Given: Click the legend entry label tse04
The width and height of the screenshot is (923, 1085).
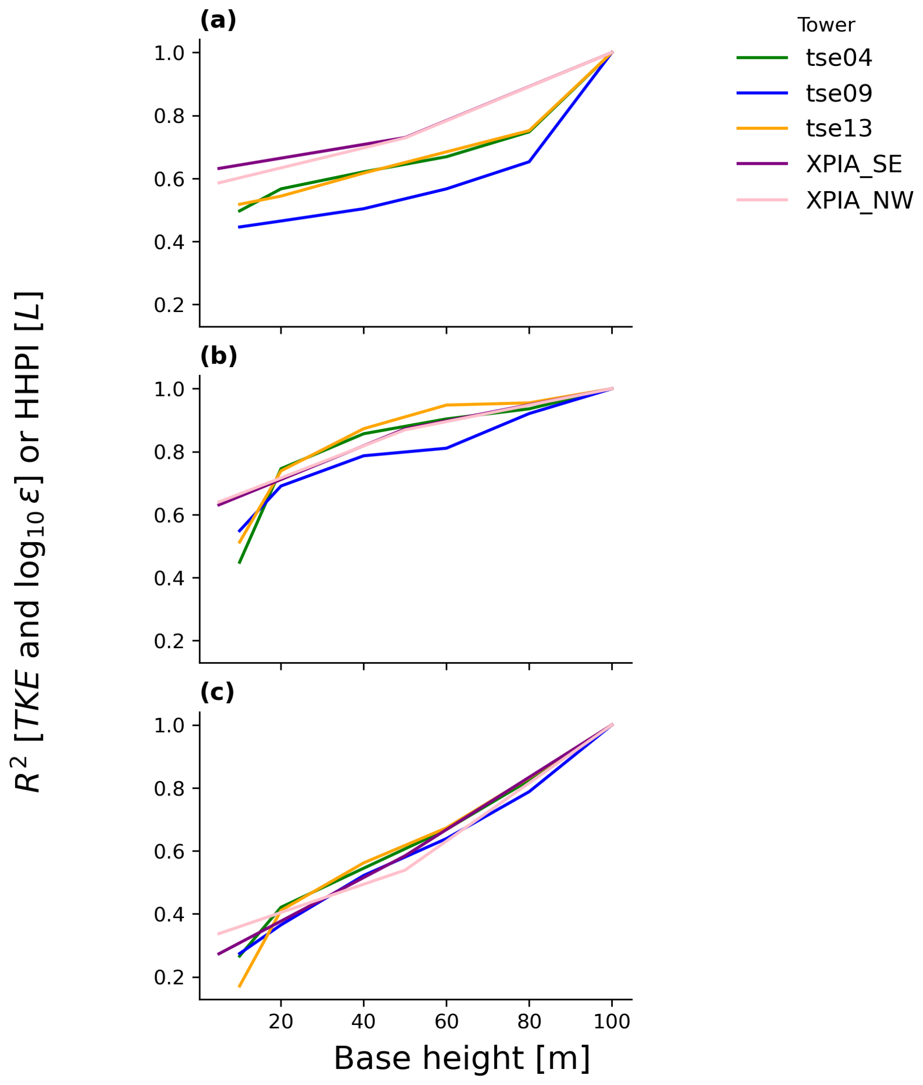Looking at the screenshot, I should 839,58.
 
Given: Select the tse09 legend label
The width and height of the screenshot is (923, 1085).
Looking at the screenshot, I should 839,93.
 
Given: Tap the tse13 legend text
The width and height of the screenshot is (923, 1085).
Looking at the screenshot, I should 839,128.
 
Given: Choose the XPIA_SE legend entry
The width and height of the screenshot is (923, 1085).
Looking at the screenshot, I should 854,164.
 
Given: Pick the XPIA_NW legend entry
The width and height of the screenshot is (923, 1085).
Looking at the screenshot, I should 859,200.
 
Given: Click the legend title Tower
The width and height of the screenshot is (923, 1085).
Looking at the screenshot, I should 826,24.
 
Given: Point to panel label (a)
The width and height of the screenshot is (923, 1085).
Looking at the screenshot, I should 218,20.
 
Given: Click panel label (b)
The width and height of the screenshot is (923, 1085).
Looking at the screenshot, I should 218,356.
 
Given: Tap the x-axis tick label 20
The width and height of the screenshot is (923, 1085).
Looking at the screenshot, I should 281,1021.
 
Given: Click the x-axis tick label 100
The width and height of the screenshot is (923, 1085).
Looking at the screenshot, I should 612,1021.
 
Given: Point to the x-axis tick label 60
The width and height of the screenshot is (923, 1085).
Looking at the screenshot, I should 446,1021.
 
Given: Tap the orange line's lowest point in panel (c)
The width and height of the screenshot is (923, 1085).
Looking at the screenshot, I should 240,986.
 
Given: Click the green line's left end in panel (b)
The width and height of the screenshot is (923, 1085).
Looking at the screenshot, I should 240,563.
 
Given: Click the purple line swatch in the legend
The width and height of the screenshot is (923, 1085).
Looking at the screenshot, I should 762,164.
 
